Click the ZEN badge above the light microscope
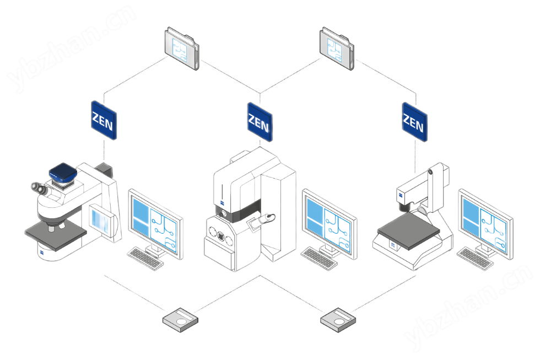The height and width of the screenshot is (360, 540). pyautogui.click(x=104, y=120)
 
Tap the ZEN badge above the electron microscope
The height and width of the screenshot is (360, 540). pyautogui.click(x=260, y=122)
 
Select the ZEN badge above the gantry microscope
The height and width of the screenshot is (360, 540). pyautogui.click(x=414, y=122)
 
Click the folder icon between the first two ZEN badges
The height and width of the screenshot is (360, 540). pyautogui.click(x=182, y=48)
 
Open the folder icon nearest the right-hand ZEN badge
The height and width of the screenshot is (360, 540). pyautogui.click(x=337, y=48)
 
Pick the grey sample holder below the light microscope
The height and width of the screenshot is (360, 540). pyautogui.click(x=180, y=320)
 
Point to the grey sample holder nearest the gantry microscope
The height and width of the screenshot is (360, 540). pyautogui.click(x=338, y=320)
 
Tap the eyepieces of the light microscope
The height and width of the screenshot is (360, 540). pyautogui.click(x=39, y=188)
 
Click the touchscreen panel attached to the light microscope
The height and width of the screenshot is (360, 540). pyautogui.click(x=102, y=221)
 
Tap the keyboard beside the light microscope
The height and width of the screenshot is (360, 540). pyautogui.click(x=145, y=258)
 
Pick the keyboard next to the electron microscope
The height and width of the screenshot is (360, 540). pyautogui.click(x=319, y=258)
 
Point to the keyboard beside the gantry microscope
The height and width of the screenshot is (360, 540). pyautogui.click(x=475, y=258)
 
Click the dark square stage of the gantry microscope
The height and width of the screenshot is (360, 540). pyautogui.click(x=409, y=230)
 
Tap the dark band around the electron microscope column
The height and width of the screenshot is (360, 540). pyautogui.click(x=238, y=211)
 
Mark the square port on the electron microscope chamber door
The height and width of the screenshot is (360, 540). pyautogui.click(x=220, y=237)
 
